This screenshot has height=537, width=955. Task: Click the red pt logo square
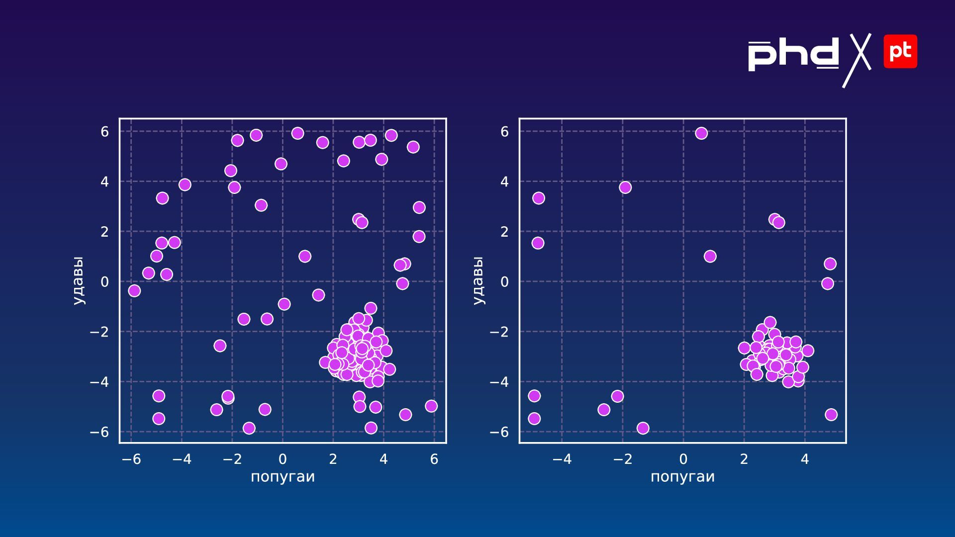(900, 51)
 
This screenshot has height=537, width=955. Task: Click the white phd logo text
(793, 55)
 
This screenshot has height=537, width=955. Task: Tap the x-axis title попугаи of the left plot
(283, 477)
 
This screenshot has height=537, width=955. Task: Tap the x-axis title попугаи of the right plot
(682, 477)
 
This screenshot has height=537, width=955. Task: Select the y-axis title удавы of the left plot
(78, 280)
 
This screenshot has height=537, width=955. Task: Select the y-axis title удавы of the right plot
(478, 280)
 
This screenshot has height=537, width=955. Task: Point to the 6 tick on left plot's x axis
(434, 459)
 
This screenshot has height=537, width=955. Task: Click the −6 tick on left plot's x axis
(131, 459)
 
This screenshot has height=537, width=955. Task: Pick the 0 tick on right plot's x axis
(683, 459)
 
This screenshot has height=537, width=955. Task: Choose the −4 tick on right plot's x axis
(562, 459)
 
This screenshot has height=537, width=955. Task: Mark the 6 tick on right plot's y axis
(504, 132)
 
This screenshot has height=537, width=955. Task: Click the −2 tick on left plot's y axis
(99, 332)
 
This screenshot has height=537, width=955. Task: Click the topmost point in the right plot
(701, 133)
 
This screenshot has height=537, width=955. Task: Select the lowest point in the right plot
(643, 428)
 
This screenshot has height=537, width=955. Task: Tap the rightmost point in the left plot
(431, 406)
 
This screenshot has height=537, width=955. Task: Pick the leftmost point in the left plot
(134, 291)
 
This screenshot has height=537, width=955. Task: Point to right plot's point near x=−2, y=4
(625, 187)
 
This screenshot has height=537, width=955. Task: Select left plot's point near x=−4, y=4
(185, 185)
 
